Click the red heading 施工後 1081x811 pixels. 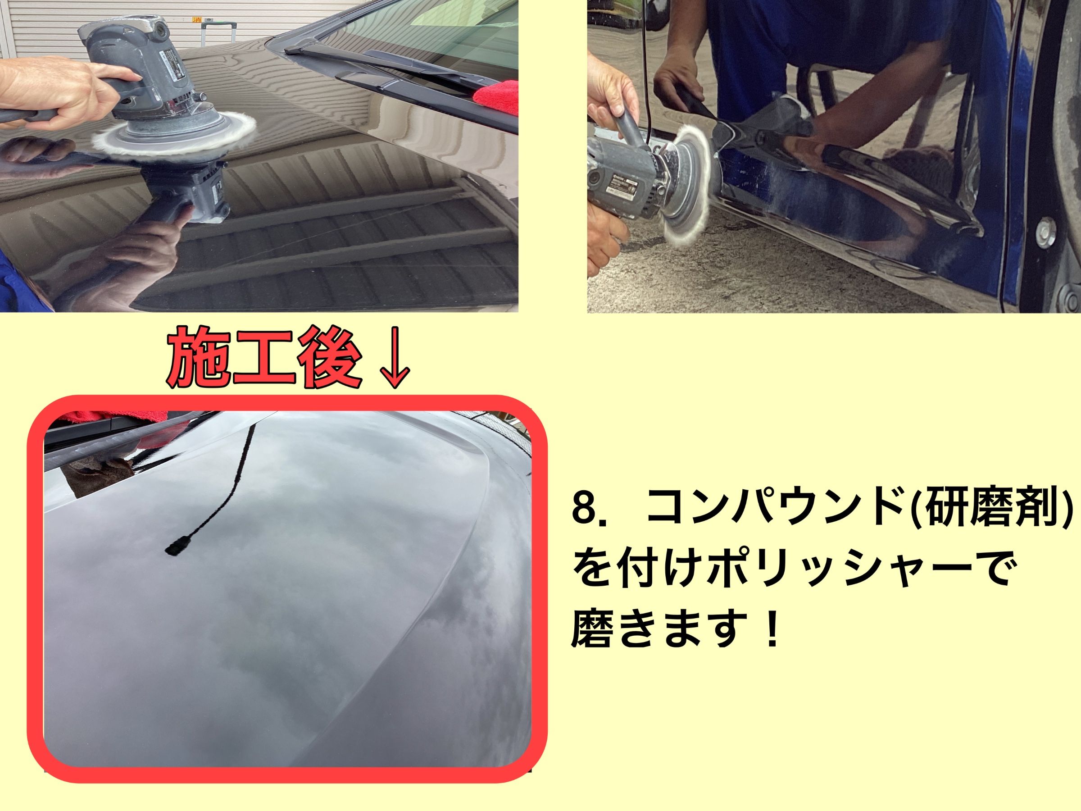point(264,358)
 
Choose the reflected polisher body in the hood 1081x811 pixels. point(186,193)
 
